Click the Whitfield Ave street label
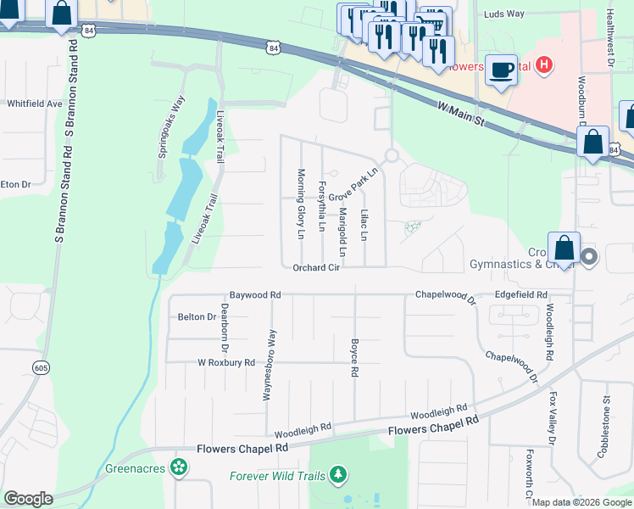pyautogui.click(x=35, y=103)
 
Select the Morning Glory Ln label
pyautogui.click(x=300, y=204)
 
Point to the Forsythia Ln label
pyautogui.click(x=321, y=206)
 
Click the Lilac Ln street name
pyautogui.click(x=364, y=224)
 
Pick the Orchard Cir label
pyautogui.click(x=316, y=268)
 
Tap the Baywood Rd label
pyautogui.click(x=254, y=294)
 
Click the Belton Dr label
pyautogui.click(x=197, y=316)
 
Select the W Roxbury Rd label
pyautogui.click(x=225, y=362)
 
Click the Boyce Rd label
pyautogui.click(x=354, y=358)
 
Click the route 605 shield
pyautogui.click(x=40, y=367)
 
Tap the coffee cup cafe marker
pyautogui.click(x=502, y=70)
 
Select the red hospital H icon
pyautogui.click(x=545, y=64)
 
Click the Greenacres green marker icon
pyautogui.click(x=178, y=467)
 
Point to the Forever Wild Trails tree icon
pyautogui.click(x=339, y=474)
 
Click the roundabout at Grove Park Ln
pyautogui.click(x=391, y=156)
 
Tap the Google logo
pyautogui.click(x=29, y=498)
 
